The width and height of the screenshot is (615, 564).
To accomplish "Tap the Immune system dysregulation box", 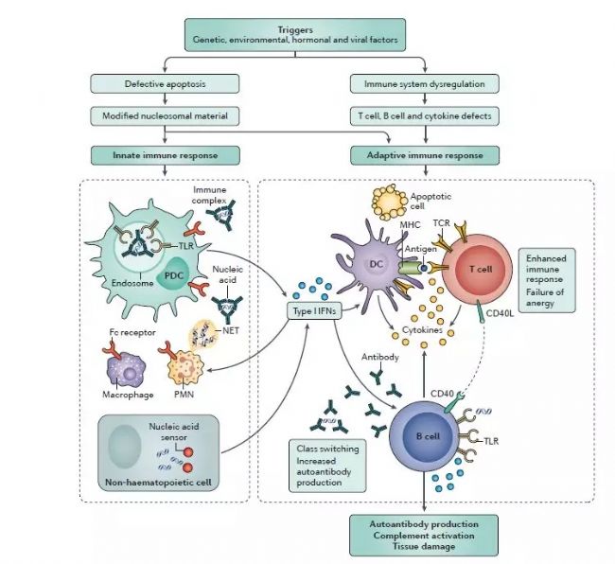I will (x=424, y=84).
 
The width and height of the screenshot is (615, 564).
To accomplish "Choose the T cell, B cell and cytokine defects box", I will (x=424, y=115).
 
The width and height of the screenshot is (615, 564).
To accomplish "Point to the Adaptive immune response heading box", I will (x=424, y=152).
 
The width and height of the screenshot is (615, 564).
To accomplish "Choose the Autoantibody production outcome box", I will (x=425, y=535).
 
